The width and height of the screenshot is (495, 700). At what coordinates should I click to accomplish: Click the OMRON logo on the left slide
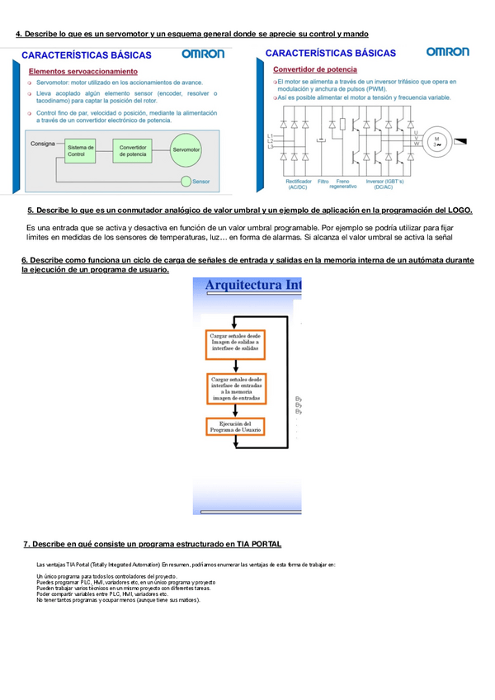pos(203,54)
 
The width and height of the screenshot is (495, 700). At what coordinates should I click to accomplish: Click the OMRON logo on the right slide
pos(447,52)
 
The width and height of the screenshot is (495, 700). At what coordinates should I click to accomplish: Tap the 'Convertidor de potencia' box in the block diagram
pos(132,149)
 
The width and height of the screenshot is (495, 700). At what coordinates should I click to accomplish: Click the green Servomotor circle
pos(191,149)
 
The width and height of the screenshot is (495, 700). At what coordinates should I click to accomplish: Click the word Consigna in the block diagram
pos(42,144)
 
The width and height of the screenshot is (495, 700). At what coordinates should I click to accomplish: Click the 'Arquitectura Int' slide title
pos(252,286)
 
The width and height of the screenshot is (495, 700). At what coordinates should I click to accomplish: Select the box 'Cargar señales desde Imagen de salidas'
pos(235,342)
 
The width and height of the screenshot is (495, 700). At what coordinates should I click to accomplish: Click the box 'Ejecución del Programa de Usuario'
pos(235,426)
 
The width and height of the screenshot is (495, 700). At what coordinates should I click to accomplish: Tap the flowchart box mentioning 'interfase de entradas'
pos(235,387)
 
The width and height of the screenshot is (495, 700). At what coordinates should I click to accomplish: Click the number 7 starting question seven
pos(26,544)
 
